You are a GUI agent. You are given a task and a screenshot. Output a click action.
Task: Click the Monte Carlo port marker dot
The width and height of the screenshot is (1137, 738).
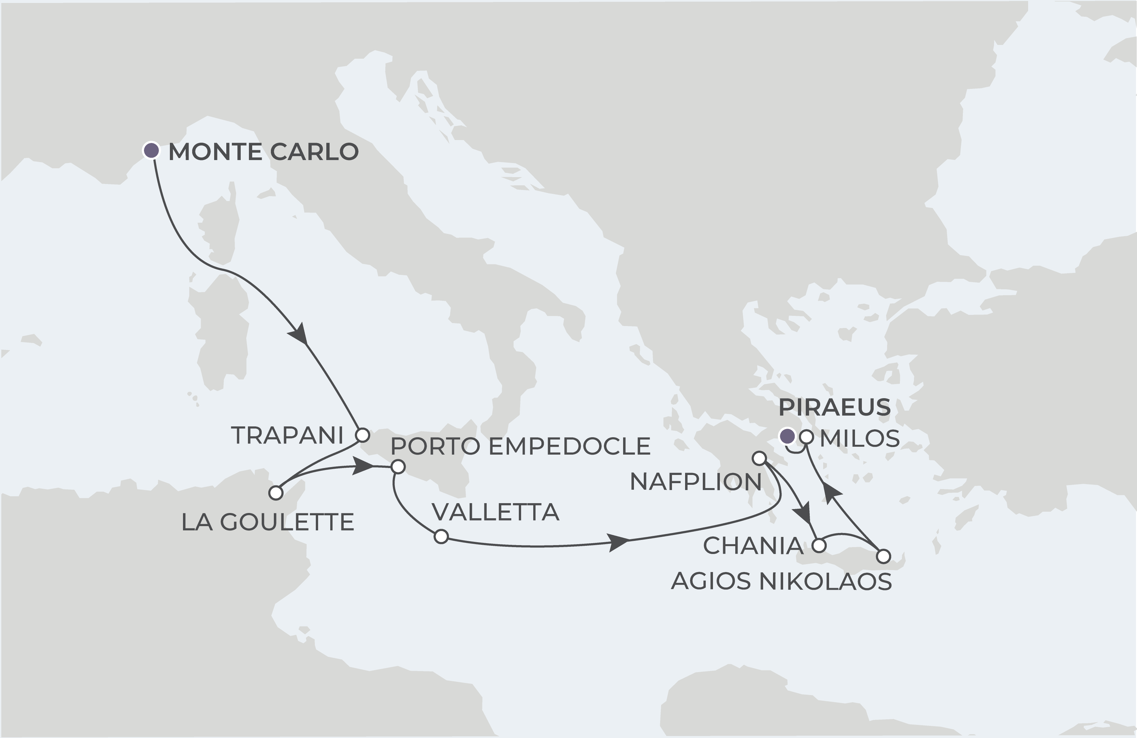click(152, 151)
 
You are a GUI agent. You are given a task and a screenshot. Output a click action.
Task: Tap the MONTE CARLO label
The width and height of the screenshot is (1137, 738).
click(263, 152)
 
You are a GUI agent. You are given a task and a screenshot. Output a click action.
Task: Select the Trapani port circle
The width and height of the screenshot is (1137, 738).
click(363, 435)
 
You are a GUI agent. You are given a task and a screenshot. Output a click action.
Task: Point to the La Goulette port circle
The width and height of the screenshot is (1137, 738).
click(276, 493)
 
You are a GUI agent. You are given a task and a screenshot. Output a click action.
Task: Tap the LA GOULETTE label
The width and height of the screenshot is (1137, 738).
click(268, 523)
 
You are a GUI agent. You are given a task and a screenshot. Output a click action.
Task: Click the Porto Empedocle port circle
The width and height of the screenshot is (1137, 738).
click(398, 467)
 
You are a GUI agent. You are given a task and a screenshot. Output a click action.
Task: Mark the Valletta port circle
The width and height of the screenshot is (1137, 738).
click(441, 536)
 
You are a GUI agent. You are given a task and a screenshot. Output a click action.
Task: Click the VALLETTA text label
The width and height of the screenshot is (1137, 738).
click(496, 512)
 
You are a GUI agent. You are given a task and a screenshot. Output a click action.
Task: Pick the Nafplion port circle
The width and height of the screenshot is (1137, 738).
click(759, 459)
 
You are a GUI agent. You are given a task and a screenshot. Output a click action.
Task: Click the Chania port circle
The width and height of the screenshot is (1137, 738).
click(819, 545)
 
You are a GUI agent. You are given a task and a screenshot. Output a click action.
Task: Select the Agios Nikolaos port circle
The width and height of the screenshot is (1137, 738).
click(883, 556)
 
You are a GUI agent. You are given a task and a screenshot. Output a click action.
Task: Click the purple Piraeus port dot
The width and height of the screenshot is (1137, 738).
click(787, 436)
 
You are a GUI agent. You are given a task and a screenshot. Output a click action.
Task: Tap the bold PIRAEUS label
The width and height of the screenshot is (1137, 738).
click(835, 407)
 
